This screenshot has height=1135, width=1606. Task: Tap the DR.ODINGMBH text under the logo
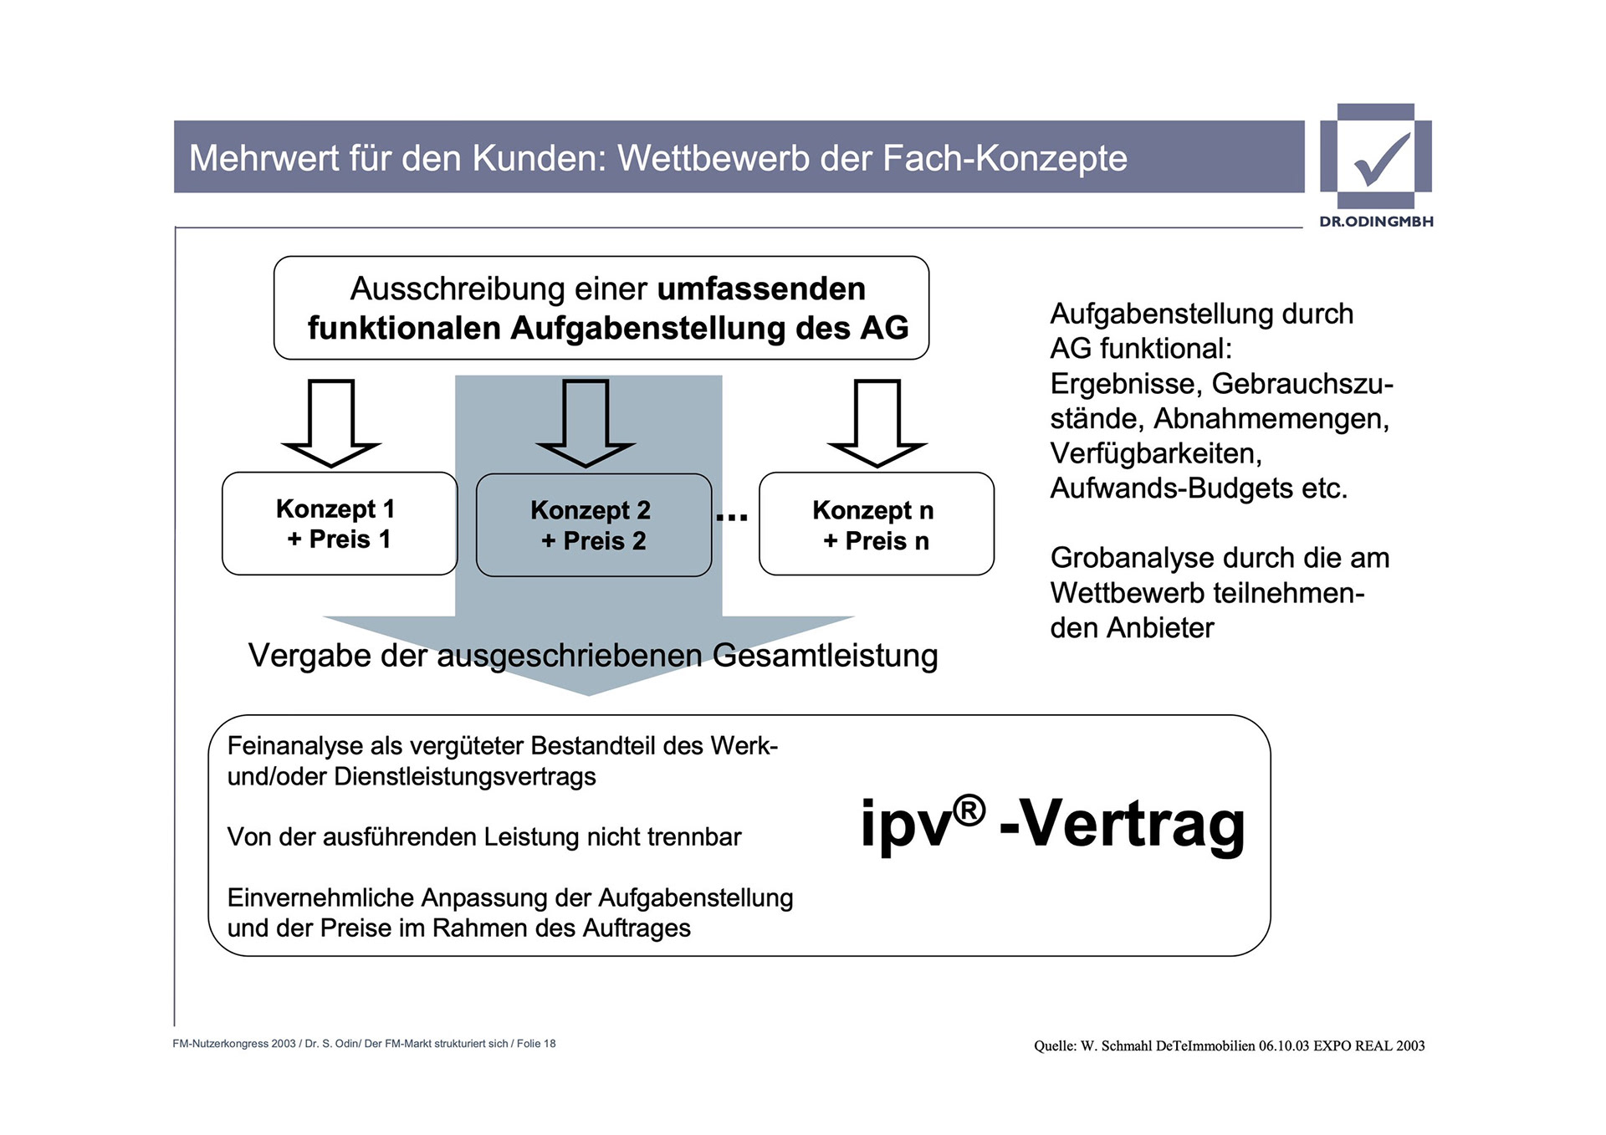[1376, 222]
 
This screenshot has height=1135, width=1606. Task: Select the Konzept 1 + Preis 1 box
[339, 524]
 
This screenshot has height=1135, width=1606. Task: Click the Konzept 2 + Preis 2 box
[593, 525]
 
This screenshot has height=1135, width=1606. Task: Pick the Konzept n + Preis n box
[876, 524]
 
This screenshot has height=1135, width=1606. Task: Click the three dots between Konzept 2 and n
[732, 518]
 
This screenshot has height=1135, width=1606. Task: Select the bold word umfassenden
[761, 289]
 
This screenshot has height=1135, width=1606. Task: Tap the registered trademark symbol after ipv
[969, 810]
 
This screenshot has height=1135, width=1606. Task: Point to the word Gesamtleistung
[825, 656]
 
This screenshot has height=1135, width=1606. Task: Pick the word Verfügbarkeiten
[1155, 453]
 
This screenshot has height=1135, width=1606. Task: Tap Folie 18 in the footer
[536, 1044]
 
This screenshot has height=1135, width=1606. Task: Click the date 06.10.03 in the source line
[1283, 1046]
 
